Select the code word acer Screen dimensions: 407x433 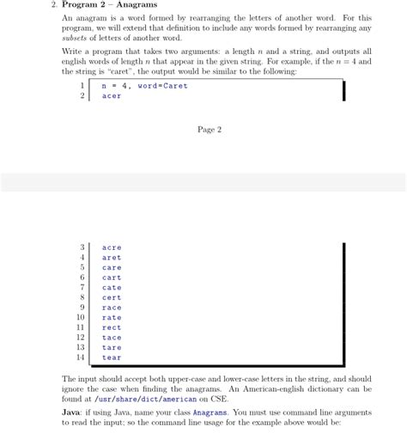click(x=112, y=96)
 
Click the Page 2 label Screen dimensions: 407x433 click(x=210, y=130)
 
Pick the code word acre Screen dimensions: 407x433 click(x=112, y=247)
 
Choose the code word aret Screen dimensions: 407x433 click(x=112, y=258)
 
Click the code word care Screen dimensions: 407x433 click(x=112, y=267)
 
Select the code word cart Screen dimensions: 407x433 click(x=112, y=277)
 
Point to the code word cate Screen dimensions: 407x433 click(x=112, y=288)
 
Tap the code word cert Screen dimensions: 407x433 click(x=112, y=297)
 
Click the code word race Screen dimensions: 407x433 click(x=112, y=308)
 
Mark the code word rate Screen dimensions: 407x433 click(x=112, y=318)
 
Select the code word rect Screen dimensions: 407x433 click(x=112, y=327)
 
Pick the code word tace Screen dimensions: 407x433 click(x=112, y=338)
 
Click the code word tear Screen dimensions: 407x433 click(x=112, y=357)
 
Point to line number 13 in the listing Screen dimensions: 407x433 click(x=81, y=347)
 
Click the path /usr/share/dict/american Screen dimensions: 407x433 click(x=138, y=399)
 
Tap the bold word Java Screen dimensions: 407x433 click(x=73, y=412)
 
